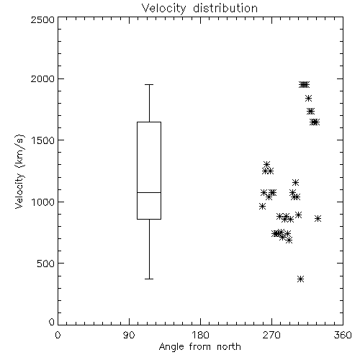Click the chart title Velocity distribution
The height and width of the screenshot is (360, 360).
[x=199, y=9]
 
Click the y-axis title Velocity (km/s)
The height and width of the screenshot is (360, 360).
[x=19, y=171]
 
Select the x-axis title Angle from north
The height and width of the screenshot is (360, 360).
[x=199, y=347]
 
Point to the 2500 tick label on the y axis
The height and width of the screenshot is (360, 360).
[x=42, y=19]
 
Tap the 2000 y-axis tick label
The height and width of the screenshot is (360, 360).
[x=42, y=78]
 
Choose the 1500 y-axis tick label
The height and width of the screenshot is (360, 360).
[x=43, y=140]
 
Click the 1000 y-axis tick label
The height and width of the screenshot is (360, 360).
[x=43, y=202]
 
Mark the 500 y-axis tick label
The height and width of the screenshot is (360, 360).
[x=46, y=264]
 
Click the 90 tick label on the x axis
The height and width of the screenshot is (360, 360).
[x=129, y=335]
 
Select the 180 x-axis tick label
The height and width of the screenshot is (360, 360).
[x=200, y=335]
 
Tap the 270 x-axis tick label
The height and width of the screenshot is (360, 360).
[x=271, y=335]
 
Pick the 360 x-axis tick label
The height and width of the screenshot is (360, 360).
[x=343, y=335]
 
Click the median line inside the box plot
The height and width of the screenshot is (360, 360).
[x=149, y=192]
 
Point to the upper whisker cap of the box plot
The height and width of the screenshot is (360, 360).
[x=149, y=84]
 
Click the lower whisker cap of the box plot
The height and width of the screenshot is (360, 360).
[x=149, y=279]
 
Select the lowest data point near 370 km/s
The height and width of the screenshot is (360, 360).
[x=300, y=279]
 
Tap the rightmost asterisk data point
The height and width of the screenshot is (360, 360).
[x=318, y=218]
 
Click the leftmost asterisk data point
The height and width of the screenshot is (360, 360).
[x=262, y=206]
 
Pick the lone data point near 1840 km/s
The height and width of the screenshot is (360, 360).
[x=308, y=98]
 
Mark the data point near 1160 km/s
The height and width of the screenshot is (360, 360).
[x=295, y=182]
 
